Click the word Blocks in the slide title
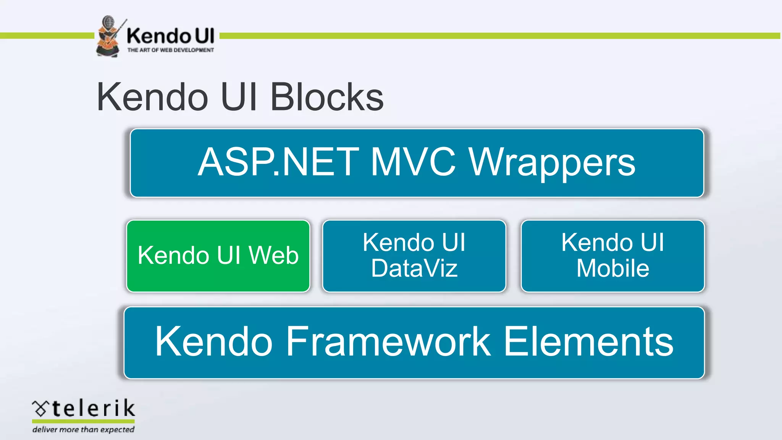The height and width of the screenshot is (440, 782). (327, 97)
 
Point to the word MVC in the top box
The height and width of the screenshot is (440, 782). (413, 163)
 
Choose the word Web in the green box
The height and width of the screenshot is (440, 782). (273, 255)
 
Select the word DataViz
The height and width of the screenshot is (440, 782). (414, 268)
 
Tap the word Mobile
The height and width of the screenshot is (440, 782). (613, 268)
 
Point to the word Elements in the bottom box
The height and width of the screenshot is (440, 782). (588, 342)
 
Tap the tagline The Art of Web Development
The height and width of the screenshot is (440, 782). (170, 50)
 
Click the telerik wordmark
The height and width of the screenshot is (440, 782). (93, 408)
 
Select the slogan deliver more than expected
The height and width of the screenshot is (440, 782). (83, 430)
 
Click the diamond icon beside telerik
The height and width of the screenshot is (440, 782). (40, 409)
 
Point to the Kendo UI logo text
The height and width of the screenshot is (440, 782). (170, 36)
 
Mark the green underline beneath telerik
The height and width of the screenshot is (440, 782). (83, 421)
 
